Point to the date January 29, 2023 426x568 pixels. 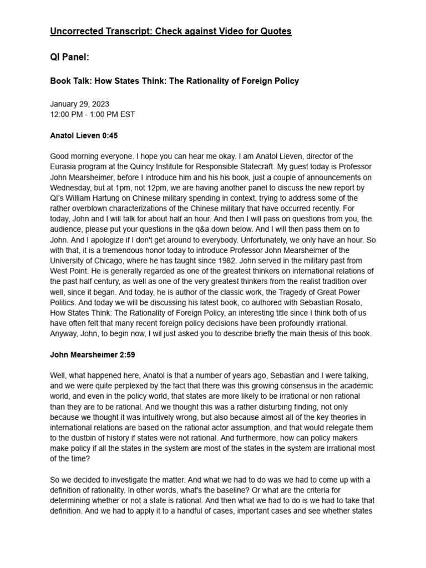tap(79, 104)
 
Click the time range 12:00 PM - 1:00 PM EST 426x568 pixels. tap(92, 115)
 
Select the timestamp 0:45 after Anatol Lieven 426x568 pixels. tap(109, 135)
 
